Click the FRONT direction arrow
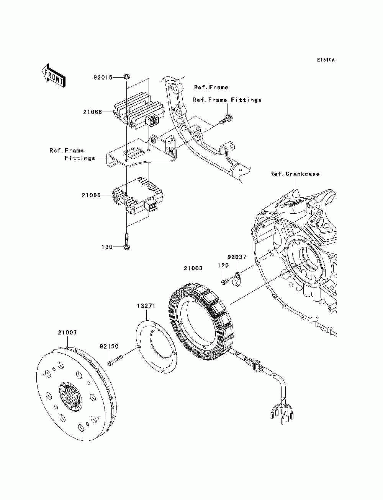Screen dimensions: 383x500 54,75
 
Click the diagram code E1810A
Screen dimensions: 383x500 326,60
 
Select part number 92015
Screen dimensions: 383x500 103,78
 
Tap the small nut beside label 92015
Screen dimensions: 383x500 127,77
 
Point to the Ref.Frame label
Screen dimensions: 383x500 211,87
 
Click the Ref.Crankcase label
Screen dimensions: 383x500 295,174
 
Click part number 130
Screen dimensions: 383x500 107,247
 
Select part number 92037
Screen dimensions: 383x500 237,257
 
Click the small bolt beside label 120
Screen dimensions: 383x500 224,282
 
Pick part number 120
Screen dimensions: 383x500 223,265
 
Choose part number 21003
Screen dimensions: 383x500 193,268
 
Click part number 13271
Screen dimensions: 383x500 146,306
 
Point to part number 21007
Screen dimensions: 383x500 67,333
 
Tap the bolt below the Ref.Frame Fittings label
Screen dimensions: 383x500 226,120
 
